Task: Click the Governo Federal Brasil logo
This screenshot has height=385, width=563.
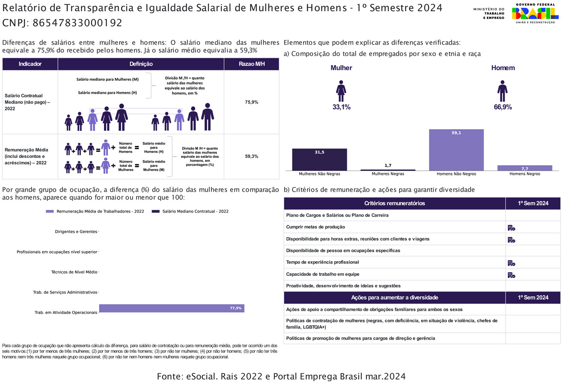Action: [x=535, y=14]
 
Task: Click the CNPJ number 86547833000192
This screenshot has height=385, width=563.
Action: [x=77, y=23]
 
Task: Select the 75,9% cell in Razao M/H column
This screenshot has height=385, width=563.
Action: [x=251, y=102]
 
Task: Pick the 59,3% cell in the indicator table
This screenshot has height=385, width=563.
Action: [x=251, y=157]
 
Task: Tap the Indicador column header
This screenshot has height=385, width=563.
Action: [x=30, y=64]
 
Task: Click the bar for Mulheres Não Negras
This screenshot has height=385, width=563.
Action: [x=319, y=159]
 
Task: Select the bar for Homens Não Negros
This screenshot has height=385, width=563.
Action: [x=456, y=149]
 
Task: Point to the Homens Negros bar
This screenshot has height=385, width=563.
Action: [x=524, y=168]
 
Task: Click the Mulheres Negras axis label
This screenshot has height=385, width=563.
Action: [x=387, y=174]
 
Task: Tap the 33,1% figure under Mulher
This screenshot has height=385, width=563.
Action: [x=341, y=107]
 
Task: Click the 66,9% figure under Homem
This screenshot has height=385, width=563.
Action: [x=503, y=107]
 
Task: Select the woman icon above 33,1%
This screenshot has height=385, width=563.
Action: [x=341, y=91]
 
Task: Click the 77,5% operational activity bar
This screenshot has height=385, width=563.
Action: [x=171, y=308]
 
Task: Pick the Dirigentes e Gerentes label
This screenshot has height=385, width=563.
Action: [x=76, y=232]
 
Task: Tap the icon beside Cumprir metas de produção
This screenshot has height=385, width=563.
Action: [x=511, y=228]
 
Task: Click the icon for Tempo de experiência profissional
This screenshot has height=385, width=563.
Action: [x=511, y=263]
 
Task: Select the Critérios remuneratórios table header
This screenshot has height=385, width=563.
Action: [x=394, y=204]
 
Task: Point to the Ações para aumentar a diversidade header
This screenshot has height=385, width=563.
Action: [x=394, y=298]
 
